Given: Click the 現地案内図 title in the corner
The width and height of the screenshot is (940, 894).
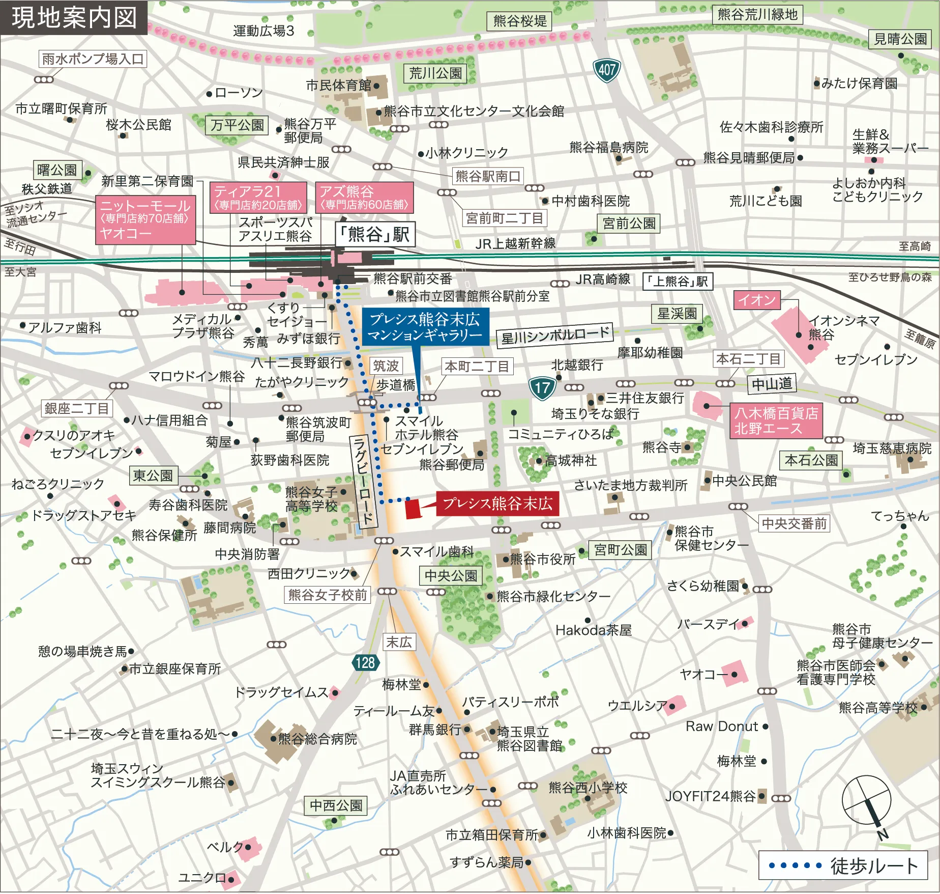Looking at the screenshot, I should pos(74,17).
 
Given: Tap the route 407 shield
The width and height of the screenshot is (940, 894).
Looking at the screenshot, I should pos(606,70).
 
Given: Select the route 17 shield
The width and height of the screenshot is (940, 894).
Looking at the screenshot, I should pos(542,388).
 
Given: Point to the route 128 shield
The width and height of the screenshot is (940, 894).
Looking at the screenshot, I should pos(365,662).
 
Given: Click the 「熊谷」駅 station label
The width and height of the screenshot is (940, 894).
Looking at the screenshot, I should pos(375,234).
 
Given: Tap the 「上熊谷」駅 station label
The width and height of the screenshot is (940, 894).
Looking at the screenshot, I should pos(678,282).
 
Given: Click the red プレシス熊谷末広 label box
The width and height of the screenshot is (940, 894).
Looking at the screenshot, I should pos(497,504).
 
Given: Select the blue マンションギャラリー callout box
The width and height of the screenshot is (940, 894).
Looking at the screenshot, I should pos(425,327).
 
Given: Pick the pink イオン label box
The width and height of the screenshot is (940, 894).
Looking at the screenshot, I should pos(756,300).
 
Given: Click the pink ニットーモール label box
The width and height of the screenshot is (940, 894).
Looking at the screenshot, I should pos(145,219).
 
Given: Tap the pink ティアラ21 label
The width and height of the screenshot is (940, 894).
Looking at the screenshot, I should pos(258,198).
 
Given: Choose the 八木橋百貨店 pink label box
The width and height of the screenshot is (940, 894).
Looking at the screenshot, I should pos(776,421).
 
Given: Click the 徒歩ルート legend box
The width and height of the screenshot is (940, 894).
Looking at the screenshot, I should pos(842,865).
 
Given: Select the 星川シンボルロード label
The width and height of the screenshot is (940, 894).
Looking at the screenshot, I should pos(555,336).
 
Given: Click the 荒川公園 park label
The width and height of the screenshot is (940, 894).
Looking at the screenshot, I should pos(435,74).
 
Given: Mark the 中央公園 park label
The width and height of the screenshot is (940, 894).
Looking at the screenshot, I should pos(451,576).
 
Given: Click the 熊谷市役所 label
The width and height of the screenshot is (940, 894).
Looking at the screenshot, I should pos(543,560).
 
